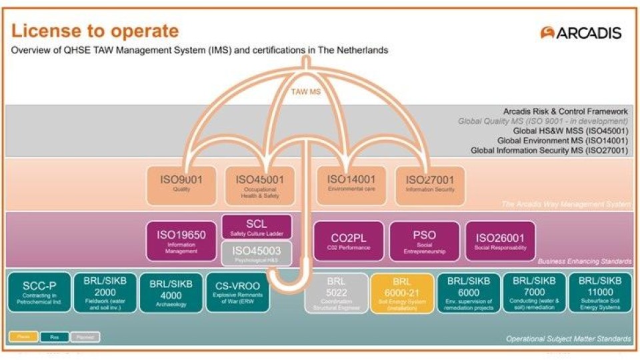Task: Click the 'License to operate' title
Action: pyautogui.click(x=95, y=31)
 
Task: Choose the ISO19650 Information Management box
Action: pyautogui.click(x=181, y=241)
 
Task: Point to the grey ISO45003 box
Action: pyautogui.click(x=256, y=253)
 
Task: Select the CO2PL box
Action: pyautogui.click(x=349, y=241)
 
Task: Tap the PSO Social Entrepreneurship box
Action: pyautogui.click(x=425, y=241)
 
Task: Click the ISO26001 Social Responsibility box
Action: pyautogui.click(x=499, y=241)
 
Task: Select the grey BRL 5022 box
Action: pyautogui.click(x=336, y=293)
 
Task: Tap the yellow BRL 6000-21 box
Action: pyautogui.click(x=401, y=293)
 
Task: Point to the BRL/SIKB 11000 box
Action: pyautogui.click(x=600, y=291)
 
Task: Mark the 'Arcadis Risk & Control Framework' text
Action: pyautogui.click(x=565, y=111)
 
